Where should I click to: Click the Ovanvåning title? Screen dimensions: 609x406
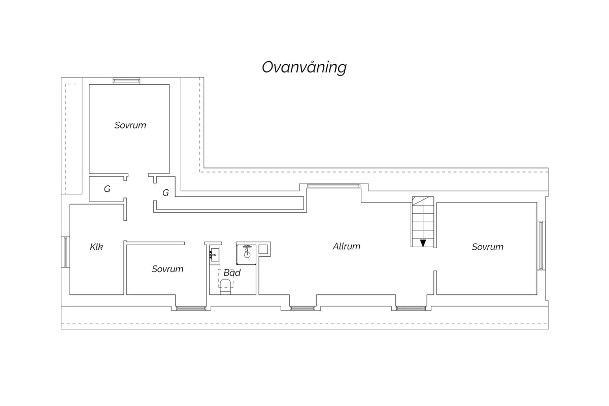[x=304, y=67]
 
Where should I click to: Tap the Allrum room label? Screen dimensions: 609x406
[x=346, y=246]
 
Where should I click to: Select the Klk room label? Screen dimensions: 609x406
[x=96, y=247]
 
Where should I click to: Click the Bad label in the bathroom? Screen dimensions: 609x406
[x=232, y=273]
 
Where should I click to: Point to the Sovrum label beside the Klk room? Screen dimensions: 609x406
[x=167, y=269]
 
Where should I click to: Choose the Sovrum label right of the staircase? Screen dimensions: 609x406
[x=488, y=247]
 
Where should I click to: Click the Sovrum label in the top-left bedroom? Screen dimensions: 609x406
[x=130, y=125]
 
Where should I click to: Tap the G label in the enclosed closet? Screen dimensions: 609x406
[x=107, y=189]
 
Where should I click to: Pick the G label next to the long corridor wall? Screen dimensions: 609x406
[x=165, y=193]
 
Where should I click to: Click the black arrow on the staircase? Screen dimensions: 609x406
[x=423, y=243]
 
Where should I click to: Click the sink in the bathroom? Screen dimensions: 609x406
[x=214, y=255]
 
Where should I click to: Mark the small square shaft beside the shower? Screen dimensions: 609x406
[x=263, y=249]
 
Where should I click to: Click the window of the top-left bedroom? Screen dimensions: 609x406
[x=126, y=81]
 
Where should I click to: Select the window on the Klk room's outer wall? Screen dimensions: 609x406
[x=65, y=252]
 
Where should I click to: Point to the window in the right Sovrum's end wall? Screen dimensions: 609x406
[x=541, y=245]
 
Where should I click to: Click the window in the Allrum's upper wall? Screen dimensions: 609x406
[x=333, y=186]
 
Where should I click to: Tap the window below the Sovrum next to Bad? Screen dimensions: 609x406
[x=191, y=309]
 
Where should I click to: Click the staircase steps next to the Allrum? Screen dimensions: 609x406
[x=423, y=222]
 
